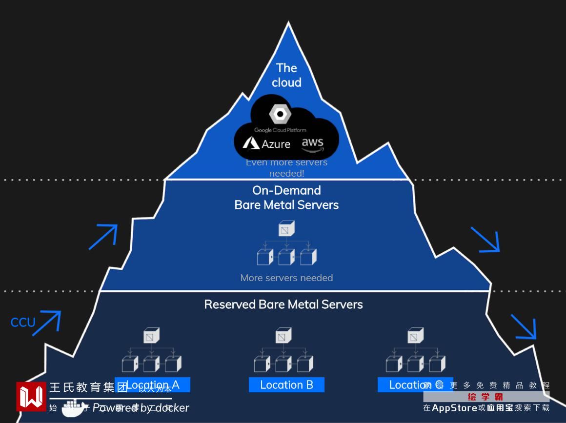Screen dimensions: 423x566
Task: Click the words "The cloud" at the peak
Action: click(x=286, y=75)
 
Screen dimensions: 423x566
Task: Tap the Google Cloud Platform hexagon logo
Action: click(x=280, y=114)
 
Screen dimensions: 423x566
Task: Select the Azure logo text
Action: click(x=267, y=143)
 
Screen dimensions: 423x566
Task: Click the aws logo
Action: click(x=312, y=143)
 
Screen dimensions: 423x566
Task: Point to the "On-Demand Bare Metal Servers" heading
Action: click(x=286, y=198)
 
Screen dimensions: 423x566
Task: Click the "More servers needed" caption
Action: click(x=286, y=278)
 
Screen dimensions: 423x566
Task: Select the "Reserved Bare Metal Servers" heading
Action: click(x=283, y=304)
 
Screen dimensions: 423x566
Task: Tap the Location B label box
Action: click(x=286, y=385)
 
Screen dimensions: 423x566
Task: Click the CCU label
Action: click(x=23, y=322)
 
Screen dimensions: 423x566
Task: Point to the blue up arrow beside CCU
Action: click(x=47, y=322)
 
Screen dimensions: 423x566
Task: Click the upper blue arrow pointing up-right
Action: click(x=103, y=236)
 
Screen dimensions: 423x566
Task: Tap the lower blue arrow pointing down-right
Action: click(x=524, y=326)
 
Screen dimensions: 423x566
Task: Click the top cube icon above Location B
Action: click(x=283, y=336)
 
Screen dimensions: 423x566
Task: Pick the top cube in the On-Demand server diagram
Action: click(x=286, y=228)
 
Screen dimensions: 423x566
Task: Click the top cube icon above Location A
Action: click(x=151, y=336)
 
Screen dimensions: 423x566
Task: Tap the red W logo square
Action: click(x=31, y=396)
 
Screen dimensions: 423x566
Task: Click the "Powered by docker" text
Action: click(x=141, y=408)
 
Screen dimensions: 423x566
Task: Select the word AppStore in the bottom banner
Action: click(x=454, y=408)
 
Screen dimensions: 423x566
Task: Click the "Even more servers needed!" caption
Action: click(x=286, y=168)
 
